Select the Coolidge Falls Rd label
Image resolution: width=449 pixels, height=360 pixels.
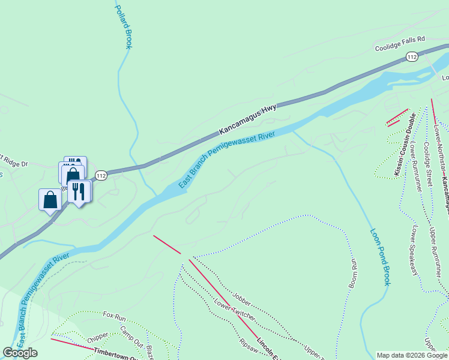tap(400, 47)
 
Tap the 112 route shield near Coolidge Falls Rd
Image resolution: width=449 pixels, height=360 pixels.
tap(411, 56)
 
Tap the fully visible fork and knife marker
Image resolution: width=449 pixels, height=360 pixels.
tap(79, 191)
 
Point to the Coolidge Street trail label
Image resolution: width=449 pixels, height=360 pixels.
tap(428, 160)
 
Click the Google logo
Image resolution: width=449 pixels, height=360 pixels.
tap(20, 353)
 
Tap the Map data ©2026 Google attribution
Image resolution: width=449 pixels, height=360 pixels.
tap(412, 355)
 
